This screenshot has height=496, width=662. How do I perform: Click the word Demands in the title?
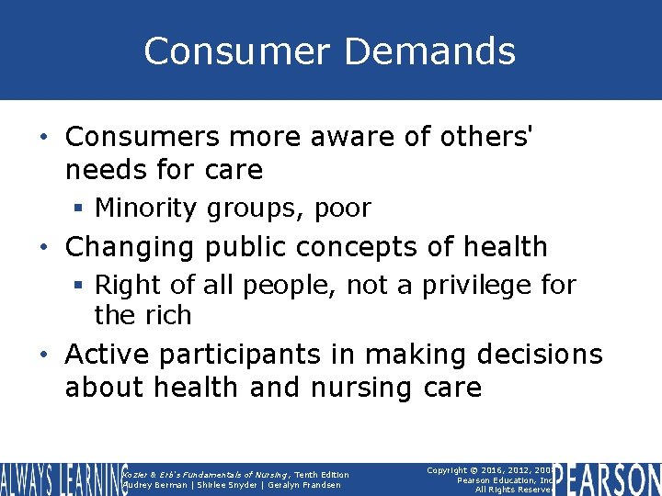coord(430,51)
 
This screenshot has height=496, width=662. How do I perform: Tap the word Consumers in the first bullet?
coord(143,136)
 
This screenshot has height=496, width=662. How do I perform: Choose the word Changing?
coord(131,247)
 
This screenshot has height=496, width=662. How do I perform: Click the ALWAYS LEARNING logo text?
coord(61,479)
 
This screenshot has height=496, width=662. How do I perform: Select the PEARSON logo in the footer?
coord(609,479)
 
